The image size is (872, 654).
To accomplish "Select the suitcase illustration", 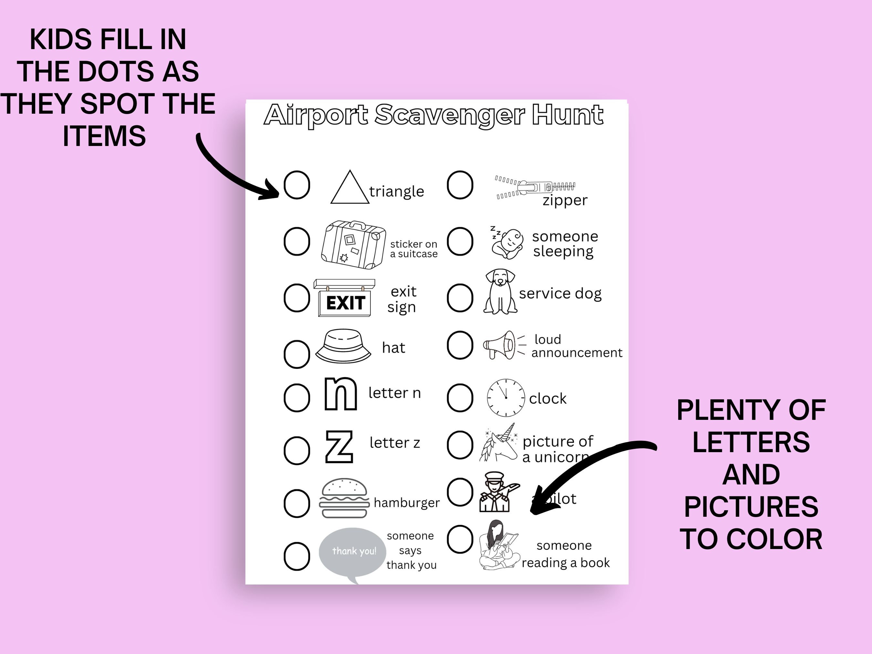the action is (x=354, y=244).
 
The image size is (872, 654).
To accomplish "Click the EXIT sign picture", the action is (x=344, y=298).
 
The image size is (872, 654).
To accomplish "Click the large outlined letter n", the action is (x=341, y=394).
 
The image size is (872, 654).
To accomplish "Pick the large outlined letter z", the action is (x=339, y=447).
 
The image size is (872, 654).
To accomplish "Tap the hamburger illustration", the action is (x=344, y=498).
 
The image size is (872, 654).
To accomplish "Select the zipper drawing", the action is (x=535, y=187).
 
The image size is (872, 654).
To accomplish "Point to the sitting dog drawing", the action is (x=500, y=292).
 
